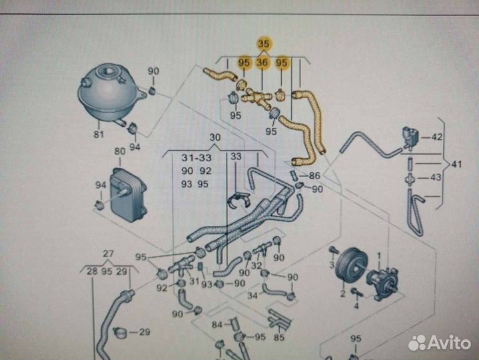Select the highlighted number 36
click(262, 63)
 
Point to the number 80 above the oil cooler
click(120, 151)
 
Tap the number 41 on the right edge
click(456, 163)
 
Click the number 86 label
click(314, 175)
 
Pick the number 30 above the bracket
click(215, 138)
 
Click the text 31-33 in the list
click(197, 157)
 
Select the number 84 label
click(217, 325)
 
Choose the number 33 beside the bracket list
click(237, 157)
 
